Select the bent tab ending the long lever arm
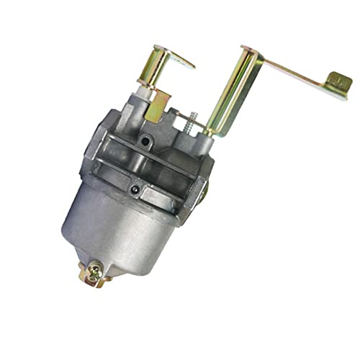[x=337, y=85]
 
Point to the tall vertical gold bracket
[x=230, y=94]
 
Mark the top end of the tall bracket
[x=248, y=50]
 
